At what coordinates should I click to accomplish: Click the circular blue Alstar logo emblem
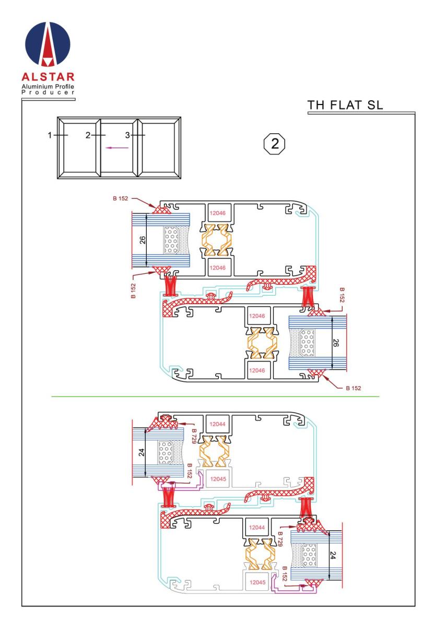click(48, 44)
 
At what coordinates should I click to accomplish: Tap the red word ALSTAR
click(48, 77)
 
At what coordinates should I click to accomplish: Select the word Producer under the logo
click(48, 92)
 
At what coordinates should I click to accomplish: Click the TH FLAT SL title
click(345, 105)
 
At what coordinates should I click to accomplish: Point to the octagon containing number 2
click(275, 144)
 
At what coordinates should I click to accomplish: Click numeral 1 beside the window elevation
click(50, 135)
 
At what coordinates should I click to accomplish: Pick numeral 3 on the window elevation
click(127, 135)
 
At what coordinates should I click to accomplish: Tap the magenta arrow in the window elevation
click(117, 148)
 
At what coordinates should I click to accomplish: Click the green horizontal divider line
click(215, 397)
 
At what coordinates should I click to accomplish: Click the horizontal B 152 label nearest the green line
click(353, 388)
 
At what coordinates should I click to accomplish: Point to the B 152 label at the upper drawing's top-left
click(120, 199)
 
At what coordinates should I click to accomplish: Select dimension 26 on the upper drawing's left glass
click(143, 240)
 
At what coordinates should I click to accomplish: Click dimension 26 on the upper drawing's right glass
click(336, 343)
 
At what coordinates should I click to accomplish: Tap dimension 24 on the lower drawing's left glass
click(142, 452)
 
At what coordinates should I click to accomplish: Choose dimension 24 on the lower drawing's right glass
click(332, 555)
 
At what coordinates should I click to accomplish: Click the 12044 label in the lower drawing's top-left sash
click(217, 424)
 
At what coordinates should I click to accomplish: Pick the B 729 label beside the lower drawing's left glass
click(194, 436)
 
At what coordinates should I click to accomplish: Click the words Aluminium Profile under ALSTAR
click(48, 86)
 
